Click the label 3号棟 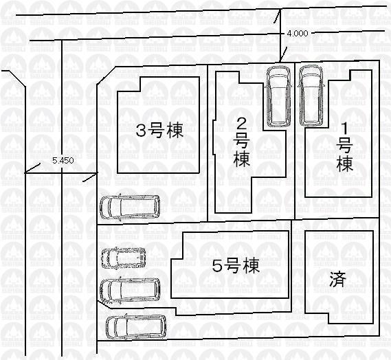coord(159,131)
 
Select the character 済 coord(337,280)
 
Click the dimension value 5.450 coord(63,160)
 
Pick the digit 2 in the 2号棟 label coord(241,124)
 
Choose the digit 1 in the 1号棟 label coord(345,127)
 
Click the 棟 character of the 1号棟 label coord(345,164)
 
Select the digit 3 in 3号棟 coord(140,131)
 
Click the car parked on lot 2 coord(278,95)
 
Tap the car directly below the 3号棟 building coord(129,206)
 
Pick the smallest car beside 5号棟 coord(124,258)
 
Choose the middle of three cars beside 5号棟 coord(130,289)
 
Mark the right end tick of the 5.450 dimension coord(89,179)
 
